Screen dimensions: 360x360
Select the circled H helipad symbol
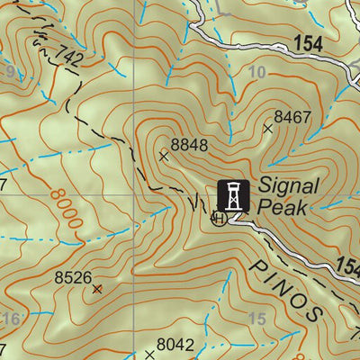point(217,218)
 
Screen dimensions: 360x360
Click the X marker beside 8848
point(163,156)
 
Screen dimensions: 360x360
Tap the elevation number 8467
point(292,117)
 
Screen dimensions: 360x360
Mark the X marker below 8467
point(267,129)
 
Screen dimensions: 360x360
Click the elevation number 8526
point(73,278)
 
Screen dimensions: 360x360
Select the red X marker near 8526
point(97,289)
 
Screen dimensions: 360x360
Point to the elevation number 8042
point(175,344)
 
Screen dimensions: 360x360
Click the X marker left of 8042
point(149,355)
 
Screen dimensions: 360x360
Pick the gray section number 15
point(256,319)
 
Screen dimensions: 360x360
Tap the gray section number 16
point(11,319)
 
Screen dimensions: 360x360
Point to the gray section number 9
point(9,71)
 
